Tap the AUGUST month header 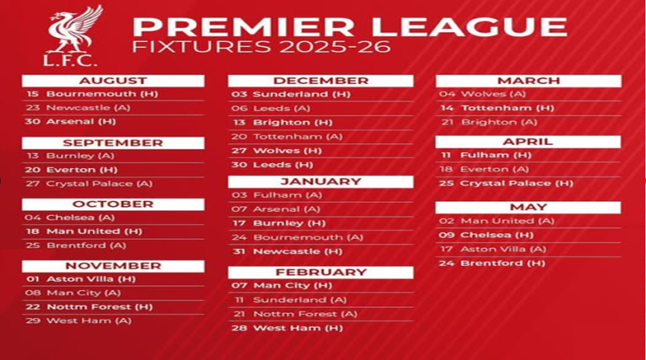(x=113, y=81)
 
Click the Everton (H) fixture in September (x=71, y=170)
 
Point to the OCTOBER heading (x=113, y=204)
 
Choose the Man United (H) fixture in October (x=83, y=231)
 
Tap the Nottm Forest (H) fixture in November (x=89, y=307)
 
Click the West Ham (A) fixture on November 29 (x=78, y=320)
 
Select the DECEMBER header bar (x=320, y=81)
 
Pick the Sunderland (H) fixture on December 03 (x=291, y=94)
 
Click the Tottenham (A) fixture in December (x=287, y=137)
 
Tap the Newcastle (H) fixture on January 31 (x=287, y=251)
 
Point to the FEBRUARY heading (x=320, y=273)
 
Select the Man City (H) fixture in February (x=282, y=285)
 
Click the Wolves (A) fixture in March (x=482, y=94)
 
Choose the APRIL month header (x=528, y=141)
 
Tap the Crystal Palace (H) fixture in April (x=506, y=183)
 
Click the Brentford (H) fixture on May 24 (x=492, y=263)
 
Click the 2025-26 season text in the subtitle (x=335, y=46)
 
